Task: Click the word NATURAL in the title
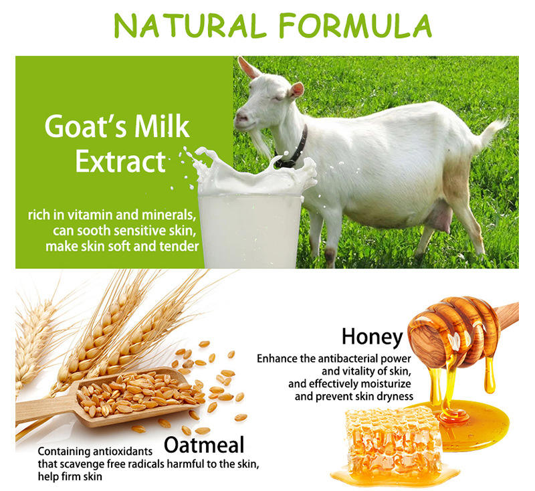coord(190,25)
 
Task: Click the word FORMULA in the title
coord(356,25)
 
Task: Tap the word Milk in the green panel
coord(162,126)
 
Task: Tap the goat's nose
coord(241,117)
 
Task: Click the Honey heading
coord(372,337)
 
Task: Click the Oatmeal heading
coord(204,445)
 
